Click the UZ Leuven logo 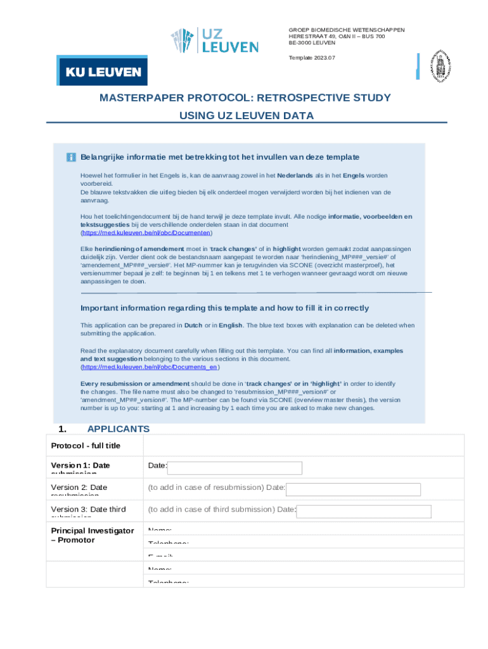click(x=214, y=41)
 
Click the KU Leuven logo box click(x=102, y=71)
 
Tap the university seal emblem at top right click(x=441, y=66)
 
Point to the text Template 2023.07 click(x=312, y=58)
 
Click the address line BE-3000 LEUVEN click(x=312, y=43)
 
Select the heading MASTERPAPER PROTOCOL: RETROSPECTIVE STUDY click(x=245, y=98)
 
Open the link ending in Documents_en click(x=150, y=367)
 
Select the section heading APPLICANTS click(x=118, y=429)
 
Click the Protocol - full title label click(x=86, y=446)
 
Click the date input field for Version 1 click(x=234, y=468)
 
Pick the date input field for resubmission click(x=352, y=489)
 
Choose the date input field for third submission click(x=363, y=511)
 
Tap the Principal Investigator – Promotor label click(x=92, y=535)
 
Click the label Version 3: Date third click(x=88, y=510)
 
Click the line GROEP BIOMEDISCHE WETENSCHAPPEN click(x=346, y=30)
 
